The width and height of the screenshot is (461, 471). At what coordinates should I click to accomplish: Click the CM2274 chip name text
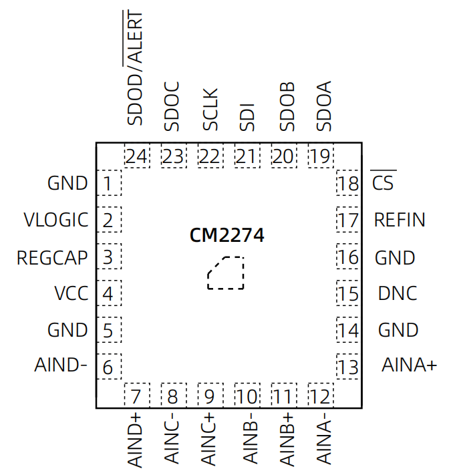coord(226,236)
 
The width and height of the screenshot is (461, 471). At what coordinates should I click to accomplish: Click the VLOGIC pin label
coord(55,220)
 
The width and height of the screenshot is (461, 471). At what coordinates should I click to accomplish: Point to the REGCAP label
coord(52,257)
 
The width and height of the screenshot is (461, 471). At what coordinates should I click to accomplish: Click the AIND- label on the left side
coord(61,365)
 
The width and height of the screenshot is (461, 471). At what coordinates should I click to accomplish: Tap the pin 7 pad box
coord(136,396)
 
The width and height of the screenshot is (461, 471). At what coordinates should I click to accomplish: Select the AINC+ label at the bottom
coord(208,440)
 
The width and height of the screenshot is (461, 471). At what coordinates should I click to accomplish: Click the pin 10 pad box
coord(247,396)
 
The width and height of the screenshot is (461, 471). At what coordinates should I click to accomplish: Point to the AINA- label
coord(323,440)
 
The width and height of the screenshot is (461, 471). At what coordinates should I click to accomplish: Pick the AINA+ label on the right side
coord(409,365)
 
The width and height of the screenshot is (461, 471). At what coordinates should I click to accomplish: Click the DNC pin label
coord(397,293)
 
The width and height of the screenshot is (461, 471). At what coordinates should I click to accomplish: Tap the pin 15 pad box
coord(348,293)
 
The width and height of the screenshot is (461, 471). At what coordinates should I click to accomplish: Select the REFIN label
coord(400,220)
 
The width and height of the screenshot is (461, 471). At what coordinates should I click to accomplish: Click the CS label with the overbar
coord(383,182)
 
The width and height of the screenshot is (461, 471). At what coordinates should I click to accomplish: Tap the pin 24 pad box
coord(136,157)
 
